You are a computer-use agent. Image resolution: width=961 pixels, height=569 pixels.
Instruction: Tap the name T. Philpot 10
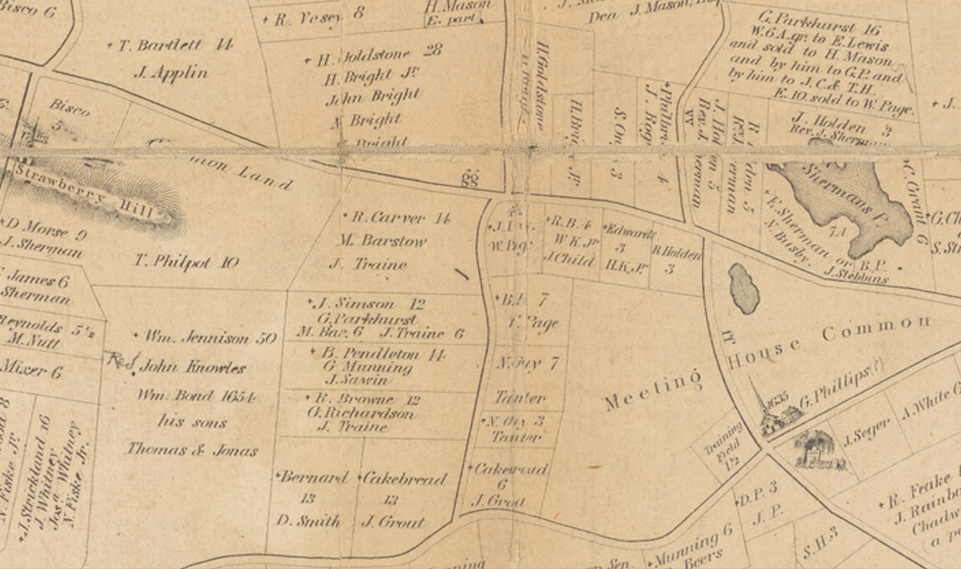pyautogui.click(x=186, y=263)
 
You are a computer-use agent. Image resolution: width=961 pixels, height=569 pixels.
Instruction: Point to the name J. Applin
pyautogui.click(x=170, y=73)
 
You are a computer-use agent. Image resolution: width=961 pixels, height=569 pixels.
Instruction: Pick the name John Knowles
pyautogui.click(x=189, y=368)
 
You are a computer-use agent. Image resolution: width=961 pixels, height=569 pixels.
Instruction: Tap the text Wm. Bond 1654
pyautogui.click(x=196, y=397)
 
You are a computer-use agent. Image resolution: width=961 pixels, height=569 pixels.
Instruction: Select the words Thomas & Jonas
pyautogui.click(x=192, y=450)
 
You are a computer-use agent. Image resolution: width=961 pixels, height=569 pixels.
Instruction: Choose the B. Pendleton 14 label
pyautogui.click(x=382, y=353)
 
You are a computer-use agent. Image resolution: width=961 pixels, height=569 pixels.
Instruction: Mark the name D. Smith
pyautogui.click(x=310, y=522)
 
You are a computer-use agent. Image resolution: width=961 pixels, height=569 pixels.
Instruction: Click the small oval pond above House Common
pyautogui.click(x=744, y=288)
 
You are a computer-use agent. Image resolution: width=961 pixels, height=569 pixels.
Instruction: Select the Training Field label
pyautogui.click(x=726, y=445)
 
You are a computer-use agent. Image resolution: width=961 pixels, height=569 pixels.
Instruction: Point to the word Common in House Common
pyautogui.click(x=877, y=328)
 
